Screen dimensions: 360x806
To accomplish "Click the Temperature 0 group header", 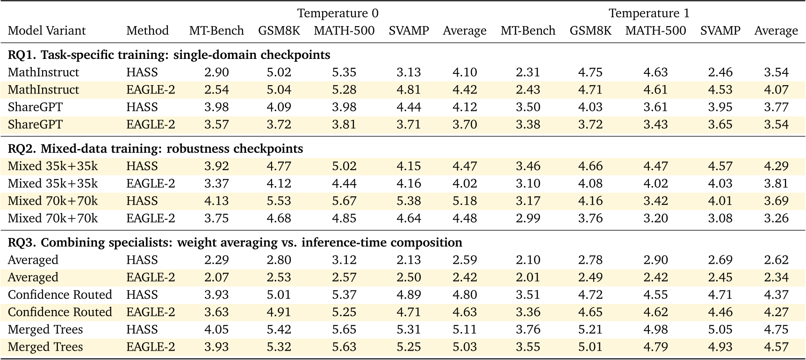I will pos(338,13).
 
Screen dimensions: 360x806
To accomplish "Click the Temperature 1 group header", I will pos(649,13).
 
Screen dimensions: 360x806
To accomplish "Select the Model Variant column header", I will pos(47,31).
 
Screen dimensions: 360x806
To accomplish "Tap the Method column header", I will pos(147,31).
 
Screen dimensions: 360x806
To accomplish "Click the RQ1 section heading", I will pos(169,55).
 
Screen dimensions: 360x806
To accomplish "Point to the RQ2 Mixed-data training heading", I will pos(155,149).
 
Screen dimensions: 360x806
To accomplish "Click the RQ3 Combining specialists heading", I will pos(235,242).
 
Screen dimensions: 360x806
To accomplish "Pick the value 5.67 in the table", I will pos(344,201).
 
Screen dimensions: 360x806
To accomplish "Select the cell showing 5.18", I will pos(465,201).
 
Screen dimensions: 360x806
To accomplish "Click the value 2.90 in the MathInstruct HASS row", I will pos(216,72).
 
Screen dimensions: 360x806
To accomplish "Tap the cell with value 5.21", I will pos(590,330).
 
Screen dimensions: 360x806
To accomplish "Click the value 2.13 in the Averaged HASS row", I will pos(409,260).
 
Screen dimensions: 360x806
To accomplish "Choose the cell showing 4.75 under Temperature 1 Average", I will pos(776,330).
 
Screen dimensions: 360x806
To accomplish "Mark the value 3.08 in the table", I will pos(720,218).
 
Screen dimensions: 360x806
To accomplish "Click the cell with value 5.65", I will pos(344,330).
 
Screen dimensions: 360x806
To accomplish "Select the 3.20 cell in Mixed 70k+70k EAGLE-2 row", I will pos(655,218).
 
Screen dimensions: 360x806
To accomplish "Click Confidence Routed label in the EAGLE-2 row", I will pos(60,312).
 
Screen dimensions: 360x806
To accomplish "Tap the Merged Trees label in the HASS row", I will pos(45,330).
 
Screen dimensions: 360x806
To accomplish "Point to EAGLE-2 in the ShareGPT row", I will pos(151,125).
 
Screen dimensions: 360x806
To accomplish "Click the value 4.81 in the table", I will pos(409,90).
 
